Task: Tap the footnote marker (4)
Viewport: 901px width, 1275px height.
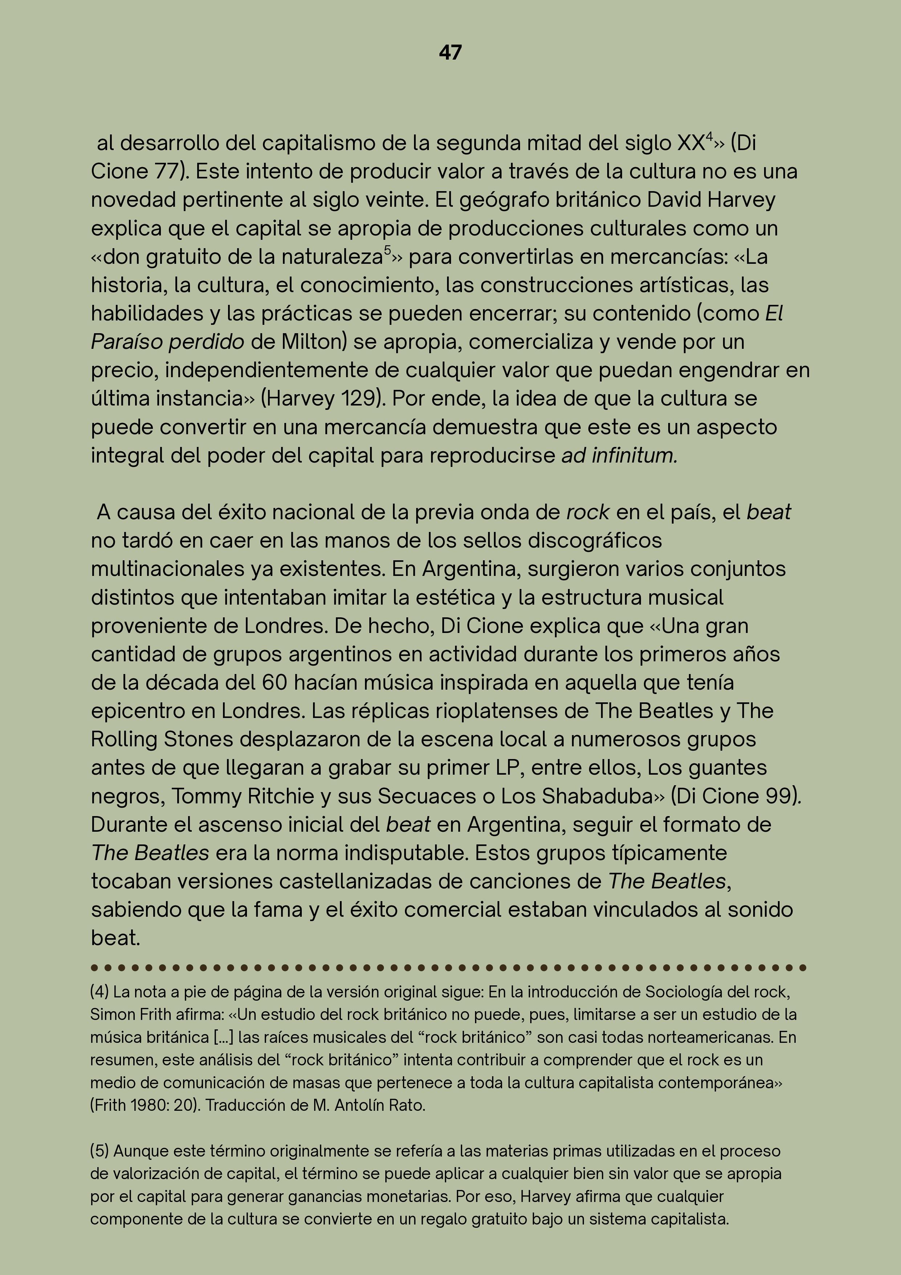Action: (100, 992)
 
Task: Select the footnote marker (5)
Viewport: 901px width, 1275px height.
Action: (100, 1151)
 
